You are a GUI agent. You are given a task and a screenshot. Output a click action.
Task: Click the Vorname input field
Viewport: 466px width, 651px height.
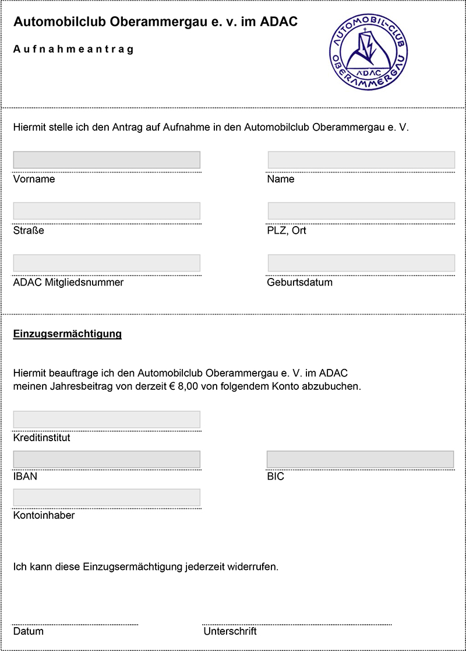[107, 160]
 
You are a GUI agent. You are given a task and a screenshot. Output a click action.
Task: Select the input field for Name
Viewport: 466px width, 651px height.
[361, 160]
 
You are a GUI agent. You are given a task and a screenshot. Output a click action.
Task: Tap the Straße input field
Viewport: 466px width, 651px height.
[107, 211]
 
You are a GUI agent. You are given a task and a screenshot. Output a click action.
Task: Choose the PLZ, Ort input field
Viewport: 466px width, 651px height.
[361, 211]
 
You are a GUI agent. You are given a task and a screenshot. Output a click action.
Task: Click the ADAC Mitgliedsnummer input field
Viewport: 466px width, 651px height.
[107, 263]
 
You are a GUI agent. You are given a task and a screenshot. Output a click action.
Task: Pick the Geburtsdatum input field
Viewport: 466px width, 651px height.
[361, 263]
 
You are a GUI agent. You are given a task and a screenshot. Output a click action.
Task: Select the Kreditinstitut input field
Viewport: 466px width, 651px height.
[107, 420]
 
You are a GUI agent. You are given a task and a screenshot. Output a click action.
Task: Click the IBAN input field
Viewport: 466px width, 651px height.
[107, 459]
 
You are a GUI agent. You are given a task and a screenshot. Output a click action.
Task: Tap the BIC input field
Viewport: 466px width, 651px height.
[360, 459]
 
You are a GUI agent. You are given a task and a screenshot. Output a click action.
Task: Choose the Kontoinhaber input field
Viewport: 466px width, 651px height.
[107, 497]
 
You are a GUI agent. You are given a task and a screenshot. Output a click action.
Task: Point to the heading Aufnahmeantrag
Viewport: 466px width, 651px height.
[73, 50]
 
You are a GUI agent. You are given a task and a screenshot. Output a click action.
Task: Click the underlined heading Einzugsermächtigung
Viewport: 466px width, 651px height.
[67, 335]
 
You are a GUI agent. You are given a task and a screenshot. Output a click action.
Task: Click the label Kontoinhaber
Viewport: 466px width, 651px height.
[44, 516]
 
